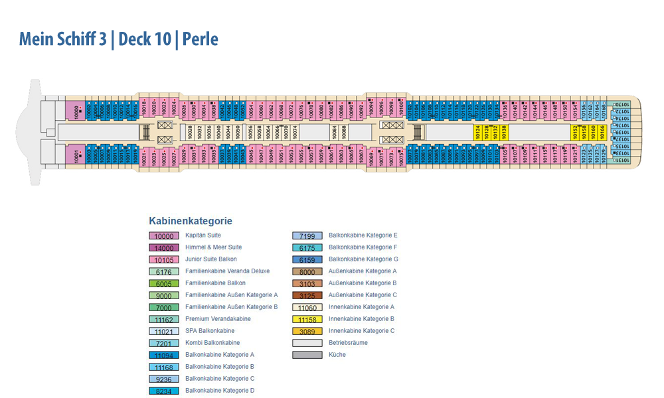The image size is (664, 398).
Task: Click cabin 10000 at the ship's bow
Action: pos(76,111)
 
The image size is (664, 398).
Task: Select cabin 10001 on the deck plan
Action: pos(76,154)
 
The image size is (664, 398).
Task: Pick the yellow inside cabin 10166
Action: pos(602,132)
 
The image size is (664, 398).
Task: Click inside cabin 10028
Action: pos(190,132)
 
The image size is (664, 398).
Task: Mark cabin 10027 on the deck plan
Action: pos(173,157)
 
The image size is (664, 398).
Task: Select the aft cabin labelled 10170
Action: pos(622,105)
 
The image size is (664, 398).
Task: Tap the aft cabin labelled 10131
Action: pos(622,161)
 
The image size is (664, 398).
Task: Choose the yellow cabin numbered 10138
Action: pos(504,132)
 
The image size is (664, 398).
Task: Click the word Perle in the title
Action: pos(201,39)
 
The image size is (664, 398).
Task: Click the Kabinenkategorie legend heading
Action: pos(191,221)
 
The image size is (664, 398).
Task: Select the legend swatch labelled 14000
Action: pos(163,247)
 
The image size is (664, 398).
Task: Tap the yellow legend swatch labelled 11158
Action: pos(307,319)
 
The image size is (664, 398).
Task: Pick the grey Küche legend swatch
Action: pos(307,355)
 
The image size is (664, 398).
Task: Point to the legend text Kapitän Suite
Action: pos(203,235)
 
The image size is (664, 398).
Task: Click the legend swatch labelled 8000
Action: pos(307,271)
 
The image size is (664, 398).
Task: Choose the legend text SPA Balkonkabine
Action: pos(210,331)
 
